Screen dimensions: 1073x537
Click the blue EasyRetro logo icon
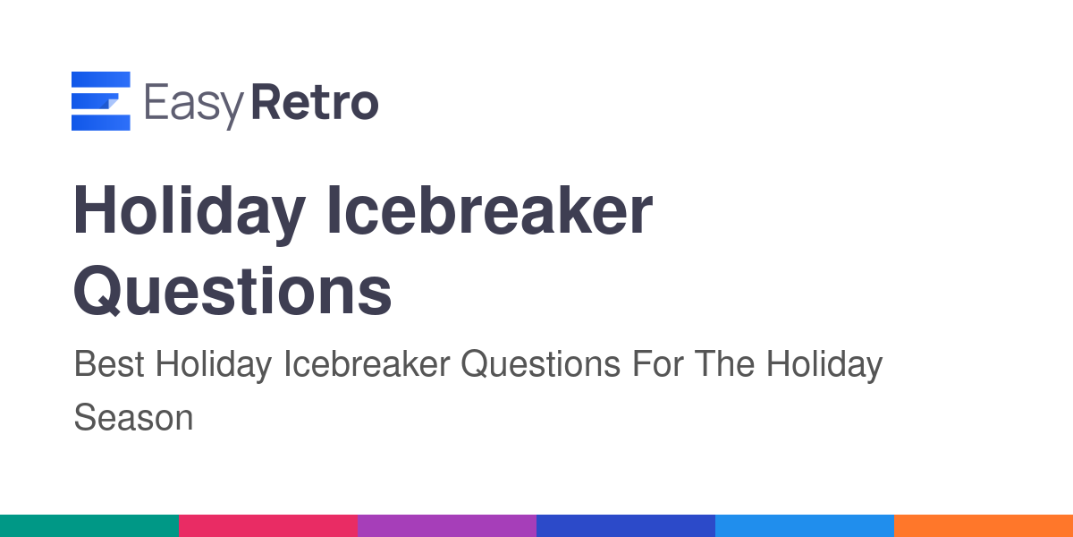pos(100,100)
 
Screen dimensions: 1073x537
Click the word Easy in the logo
pos(194,106)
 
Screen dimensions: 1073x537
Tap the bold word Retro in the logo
pos(315,102)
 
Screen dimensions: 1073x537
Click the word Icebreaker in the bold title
pos(490,210)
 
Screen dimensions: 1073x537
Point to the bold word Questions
pos(232,292)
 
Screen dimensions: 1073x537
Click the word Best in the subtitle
pos(109,364)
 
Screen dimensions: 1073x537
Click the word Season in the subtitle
pos(133,418)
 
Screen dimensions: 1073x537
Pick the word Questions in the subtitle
pos(540,364)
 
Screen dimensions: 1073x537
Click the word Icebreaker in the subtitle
pos(367,364)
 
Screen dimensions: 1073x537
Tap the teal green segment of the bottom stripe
pos(89,526)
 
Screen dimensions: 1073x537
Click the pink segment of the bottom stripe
pos(268,526)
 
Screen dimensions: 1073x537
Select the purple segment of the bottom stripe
pos(447,526)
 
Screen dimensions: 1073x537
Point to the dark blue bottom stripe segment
pos(626,526)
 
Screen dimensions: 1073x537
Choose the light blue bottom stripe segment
pos(805,526)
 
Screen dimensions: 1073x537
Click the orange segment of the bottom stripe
pos(984,526)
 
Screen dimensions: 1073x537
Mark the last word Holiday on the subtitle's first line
pos(824,366)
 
